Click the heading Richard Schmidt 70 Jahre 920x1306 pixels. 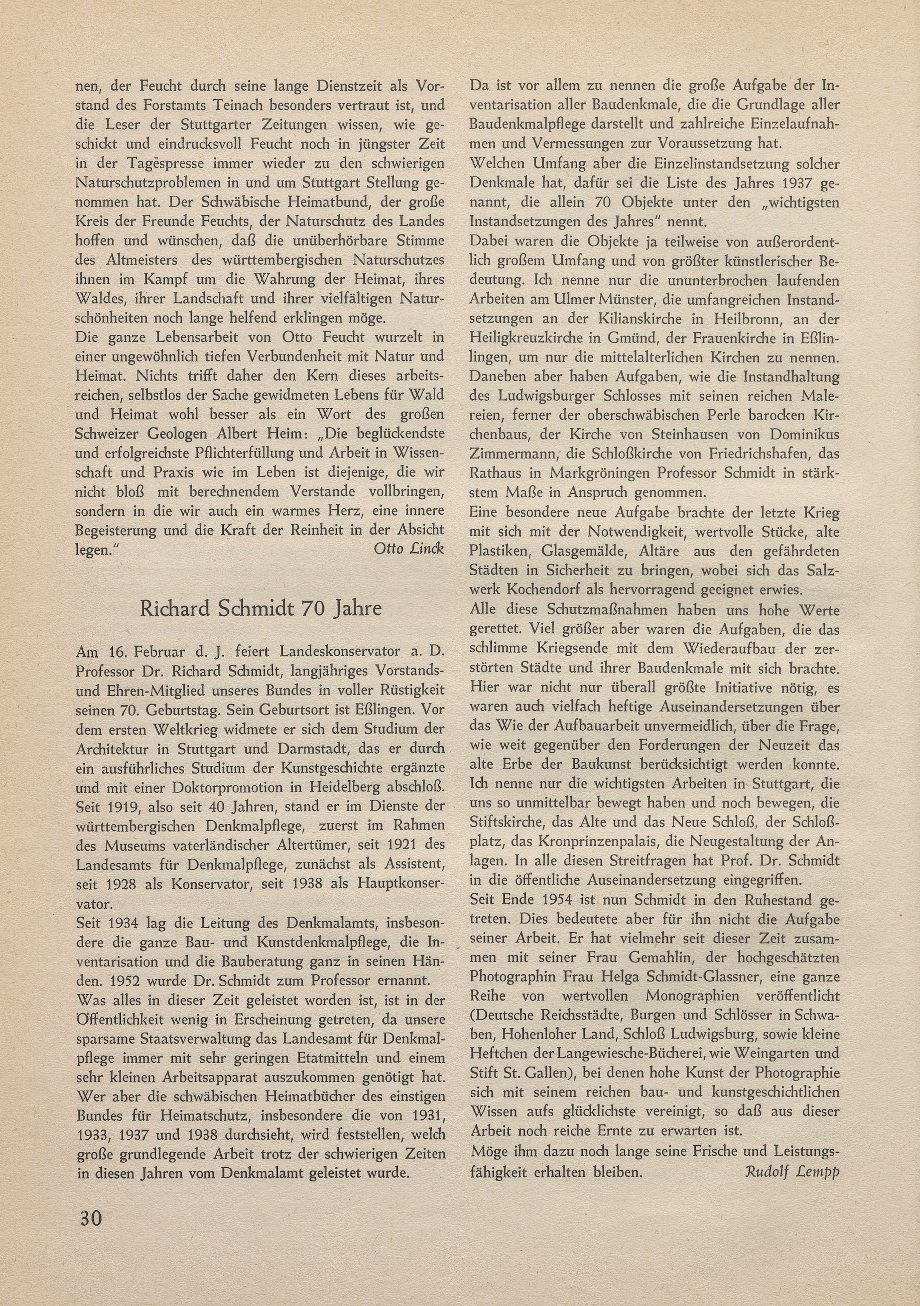pyautogui.click(x=261, y=609)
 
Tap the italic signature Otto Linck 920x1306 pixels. pyautogui.click(x=408, y=548)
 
